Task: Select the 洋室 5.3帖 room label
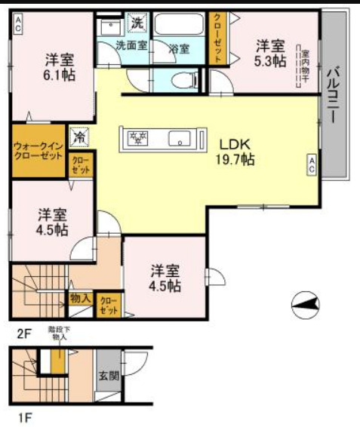tap(269, 52)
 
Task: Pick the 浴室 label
tap(179, 49)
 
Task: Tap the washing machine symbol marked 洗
tap(137, 23)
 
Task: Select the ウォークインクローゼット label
tap(38, 151)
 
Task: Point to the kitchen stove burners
tap(137, 138)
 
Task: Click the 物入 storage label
tap(81, 300)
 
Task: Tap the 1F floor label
tap(26, 416)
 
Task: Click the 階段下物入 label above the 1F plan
tap(58, 333)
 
